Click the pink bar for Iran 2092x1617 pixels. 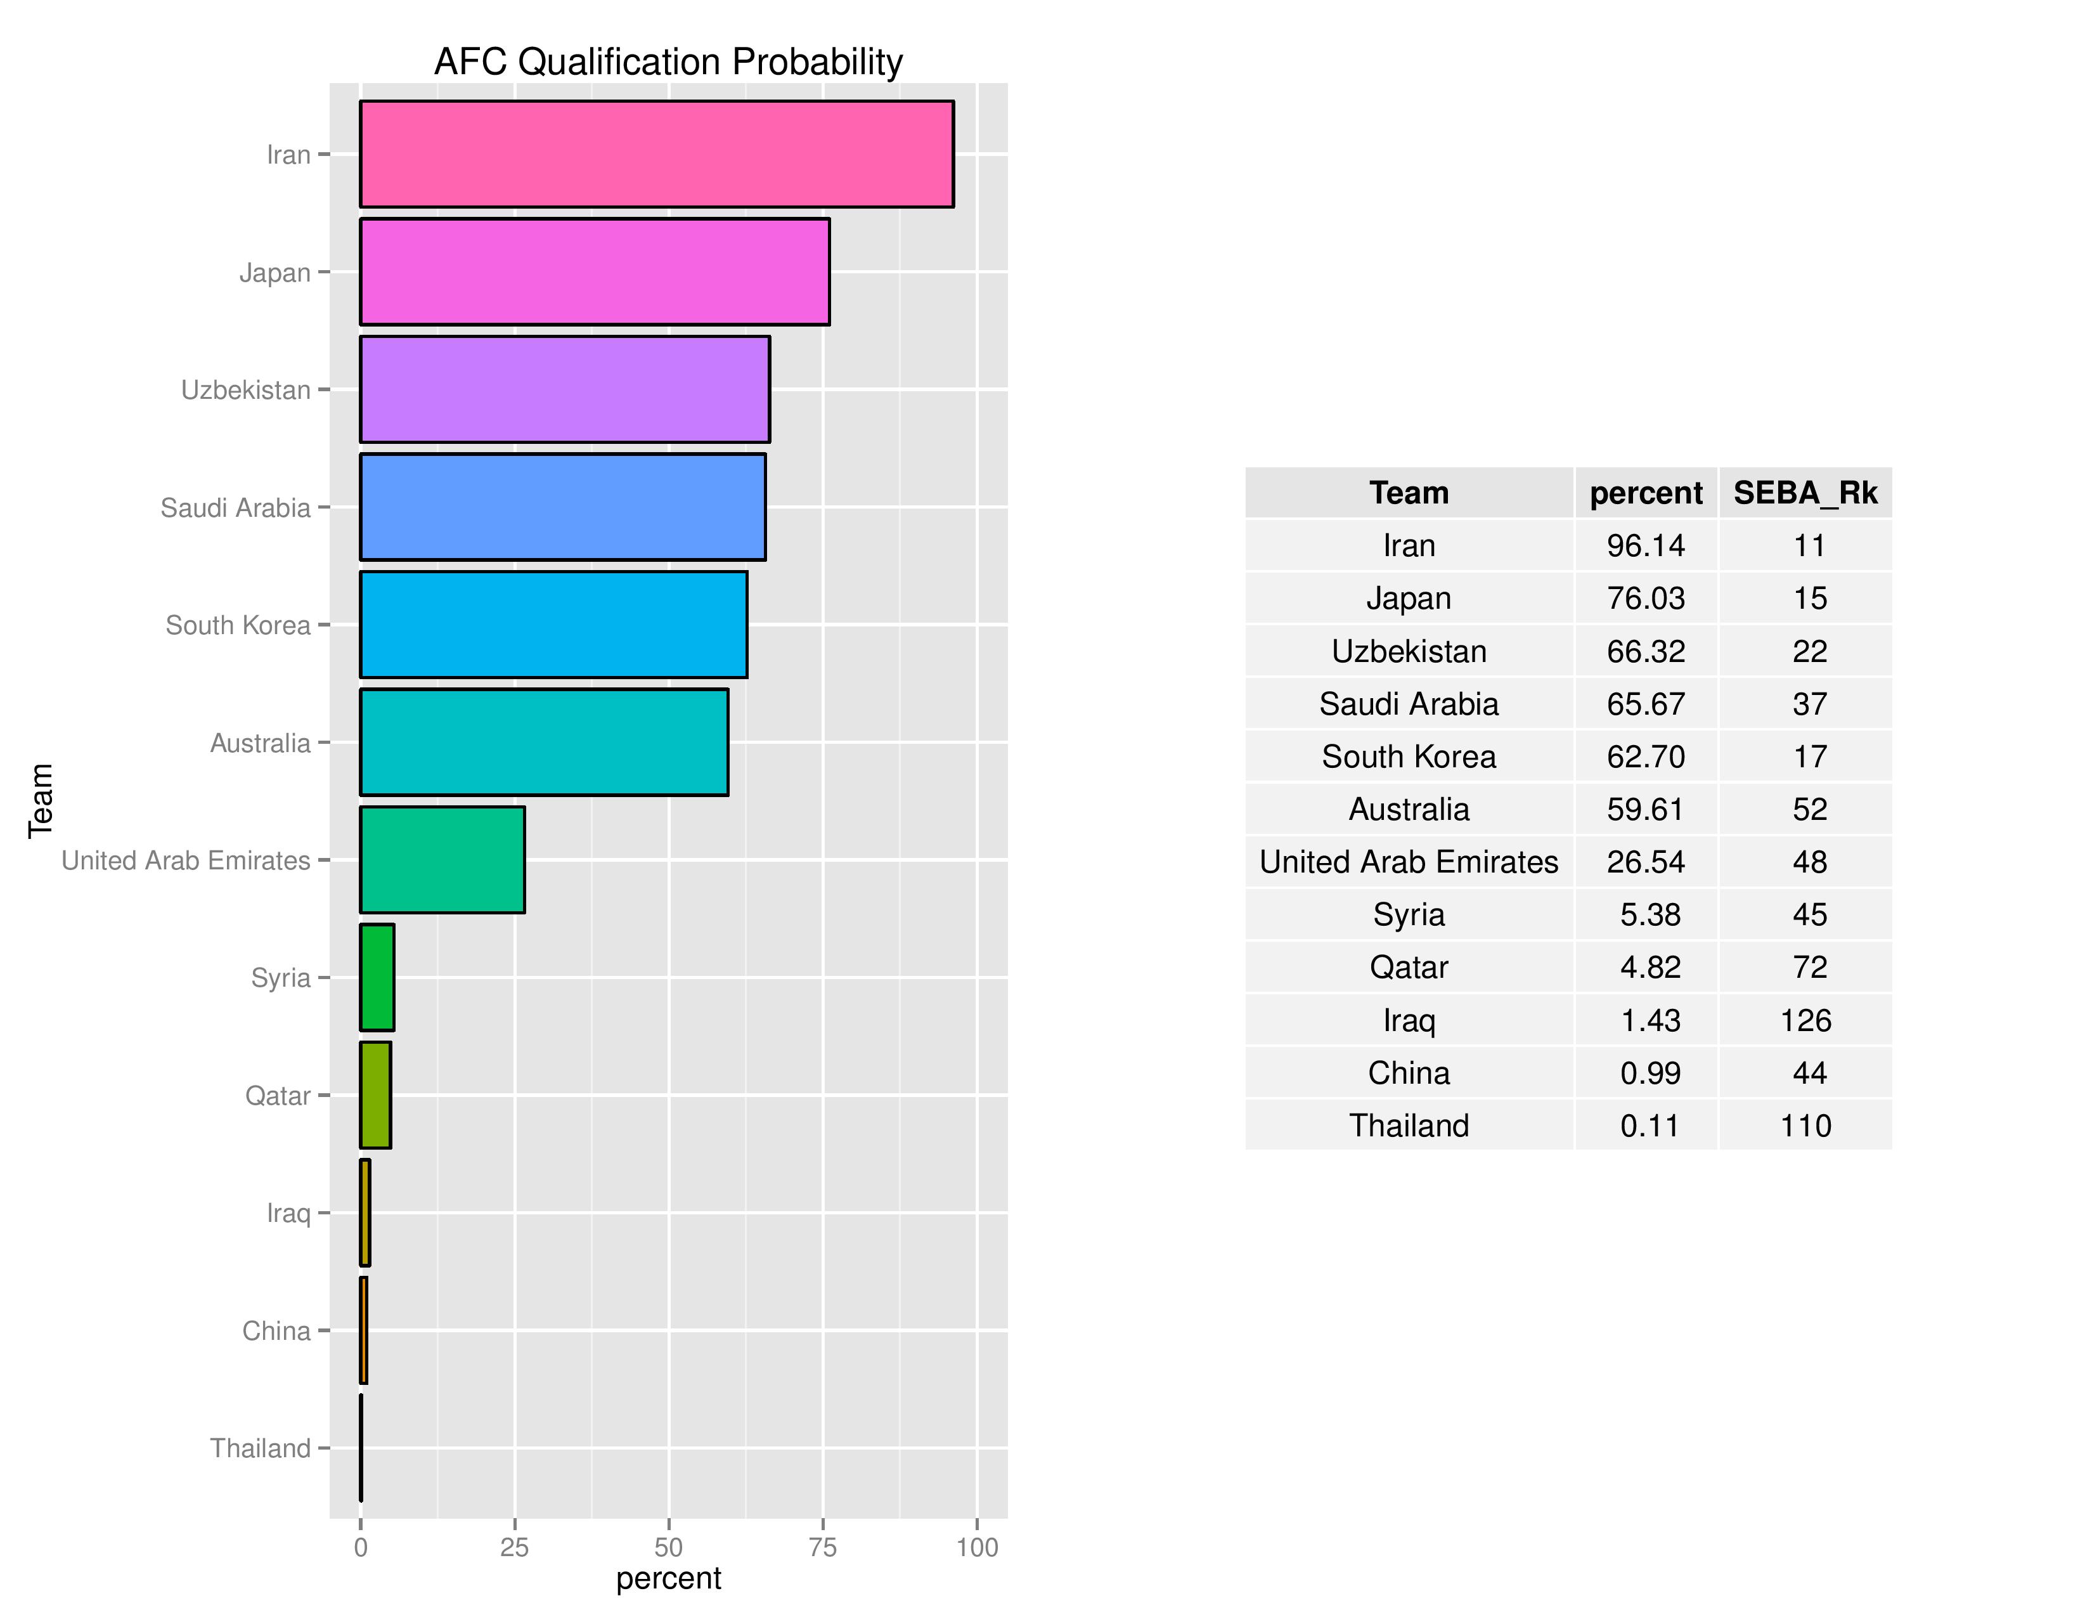tap(656, 153)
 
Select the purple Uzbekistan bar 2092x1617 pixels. tap(564, 389)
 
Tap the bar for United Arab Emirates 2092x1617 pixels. tap(442, 859)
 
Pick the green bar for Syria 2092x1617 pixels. tap(377, 977)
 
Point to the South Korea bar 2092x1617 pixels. tap(553, 625)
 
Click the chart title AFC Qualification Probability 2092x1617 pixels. tap(668, 62)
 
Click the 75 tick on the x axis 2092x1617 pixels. tap(822, 1547)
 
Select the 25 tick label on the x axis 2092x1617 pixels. tap(514, 1547)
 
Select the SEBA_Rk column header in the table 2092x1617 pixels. tap(1805, 492)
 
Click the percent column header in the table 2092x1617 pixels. tap(1646, 492)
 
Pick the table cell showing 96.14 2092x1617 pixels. tap(1646, 545)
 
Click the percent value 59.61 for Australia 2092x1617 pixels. tap(1646, 808)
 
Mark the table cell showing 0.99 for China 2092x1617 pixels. tap(1650, 1072)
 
